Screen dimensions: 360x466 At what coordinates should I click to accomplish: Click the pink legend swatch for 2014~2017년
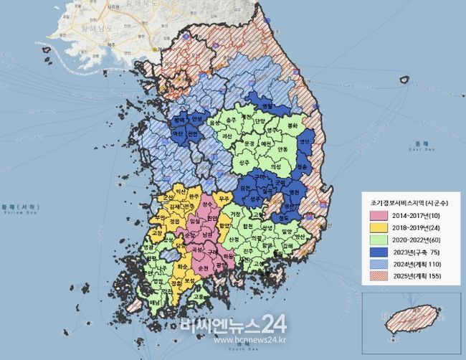point(376,215)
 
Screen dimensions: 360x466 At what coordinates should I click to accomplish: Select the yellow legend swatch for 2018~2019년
point(376,227)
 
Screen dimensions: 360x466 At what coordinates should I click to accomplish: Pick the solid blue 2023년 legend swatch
point(376,252)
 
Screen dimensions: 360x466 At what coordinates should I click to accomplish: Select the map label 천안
point(191,133)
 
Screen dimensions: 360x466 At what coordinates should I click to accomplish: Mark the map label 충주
point(230,120)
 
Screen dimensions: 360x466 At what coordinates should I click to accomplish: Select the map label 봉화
point(291,125)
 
